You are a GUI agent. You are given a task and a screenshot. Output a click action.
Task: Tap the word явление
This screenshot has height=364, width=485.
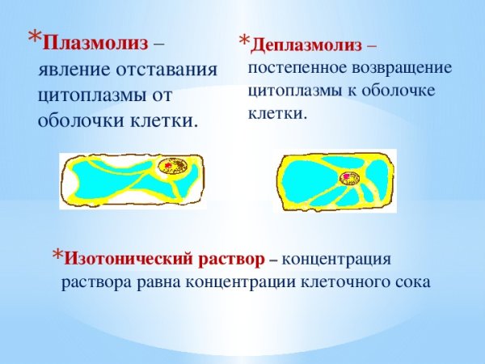coord(74,69)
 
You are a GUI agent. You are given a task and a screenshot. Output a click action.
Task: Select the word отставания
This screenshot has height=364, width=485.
coord(171,69)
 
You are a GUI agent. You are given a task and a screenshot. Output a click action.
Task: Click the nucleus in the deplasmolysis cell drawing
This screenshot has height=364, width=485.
coord(348,176)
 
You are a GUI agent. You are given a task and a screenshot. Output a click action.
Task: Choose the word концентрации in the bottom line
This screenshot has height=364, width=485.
coord(240,282)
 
